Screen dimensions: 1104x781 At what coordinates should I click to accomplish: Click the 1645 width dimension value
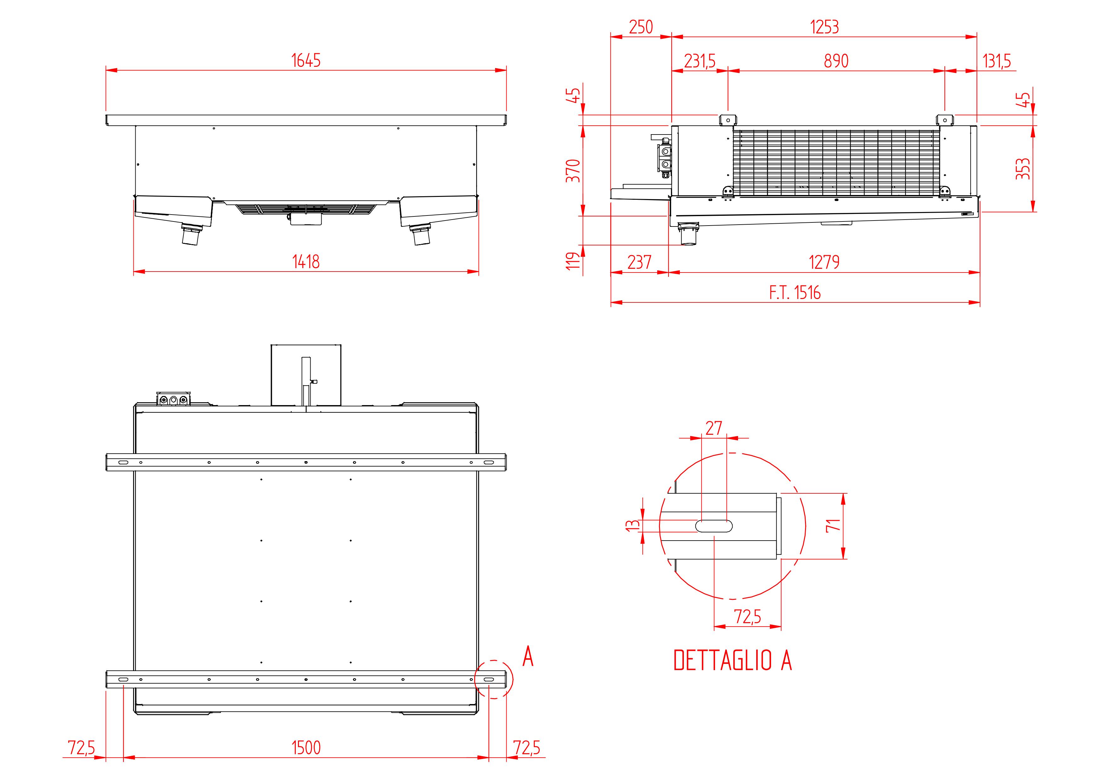coord(306,60)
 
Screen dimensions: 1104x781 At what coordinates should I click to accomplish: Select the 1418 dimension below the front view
coord(306,262)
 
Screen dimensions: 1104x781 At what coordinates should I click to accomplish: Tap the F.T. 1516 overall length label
coord(795,292)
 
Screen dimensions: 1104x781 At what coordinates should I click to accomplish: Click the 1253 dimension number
coord(825,27)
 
